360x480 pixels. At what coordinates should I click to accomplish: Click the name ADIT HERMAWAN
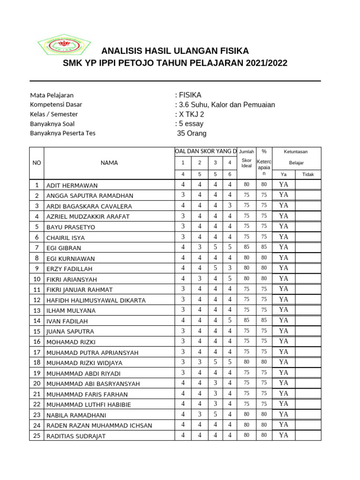tap(72, 186)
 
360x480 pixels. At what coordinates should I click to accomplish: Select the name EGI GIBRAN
tap(64, 248)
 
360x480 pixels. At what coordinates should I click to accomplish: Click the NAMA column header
tap(109, 163)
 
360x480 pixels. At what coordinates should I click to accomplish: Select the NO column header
tap(37, 163)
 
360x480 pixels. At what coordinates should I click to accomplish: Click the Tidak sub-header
tap(308, 174)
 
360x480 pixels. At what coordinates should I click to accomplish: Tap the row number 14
tap(37, 321)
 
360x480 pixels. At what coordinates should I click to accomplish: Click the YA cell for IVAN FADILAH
tap(284, 321)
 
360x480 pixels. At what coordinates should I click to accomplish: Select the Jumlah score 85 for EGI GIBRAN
tap(247, 247)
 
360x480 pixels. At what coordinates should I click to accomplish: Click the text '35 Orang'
tap(191, 134)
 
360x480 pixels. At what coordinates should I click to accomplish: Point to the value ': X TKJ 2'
tap(190, 114)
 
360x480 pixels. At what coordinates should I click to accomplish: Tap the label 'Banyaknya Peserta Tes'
tap(62, 133)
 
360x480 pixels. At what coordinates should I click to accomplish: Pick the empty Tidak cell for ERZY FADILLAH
tap(308, 268)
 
